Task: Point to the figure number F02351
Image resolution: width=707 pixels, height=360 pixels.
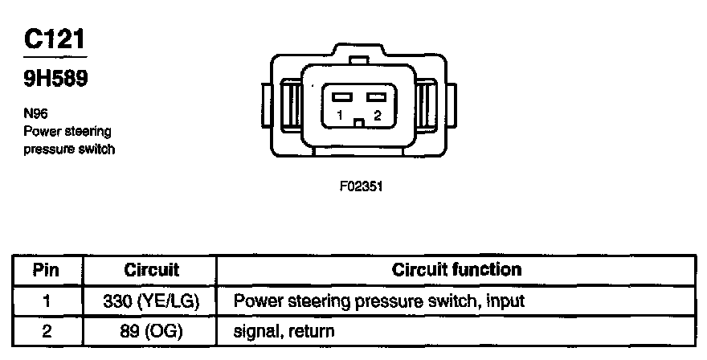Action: [x=360, y=186]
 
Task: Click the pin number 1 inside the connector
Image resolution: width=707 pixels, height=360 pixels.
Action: [x=341, y=115]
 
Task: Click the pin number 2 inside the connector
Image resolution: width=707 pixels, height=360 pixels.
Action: [x=376, y=115]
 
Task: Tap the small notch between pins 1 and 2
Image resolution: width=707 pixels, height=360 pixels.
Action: [x=359, y=122]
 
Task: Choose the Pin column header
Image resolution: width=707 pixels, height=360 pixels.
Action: [x=46, y=269]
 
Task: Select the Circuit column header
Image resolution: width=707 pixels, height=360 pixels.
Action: [x=151, y=269]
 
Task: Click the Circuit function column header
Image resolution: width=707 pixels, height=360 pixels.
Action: [x=456, y=269]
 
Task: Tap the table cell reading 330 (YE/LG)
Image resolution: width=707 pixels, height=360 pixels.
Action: [x=151, y=301]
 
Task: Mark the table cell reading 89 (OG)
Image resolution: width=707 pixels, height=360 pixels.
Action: [x=151, y=329]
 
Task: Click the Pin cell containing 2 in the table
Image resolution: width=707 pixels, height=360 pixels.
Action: [x=46, y=329]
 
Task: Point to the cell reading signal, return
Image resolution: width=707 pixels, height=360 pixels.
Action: [x=284, y=330]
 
